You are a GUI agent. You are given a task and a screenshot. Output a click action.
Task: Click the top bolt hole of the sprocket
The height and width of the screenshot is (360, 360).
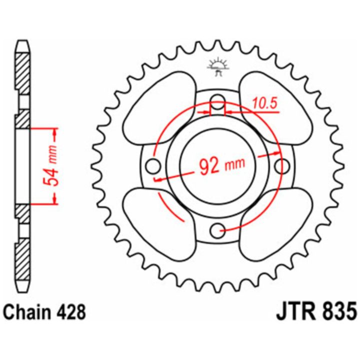pos(217,101)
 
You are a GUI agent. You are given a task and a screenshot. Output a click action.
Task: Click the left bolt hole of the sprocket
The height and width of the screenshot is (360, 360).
pos(153,166)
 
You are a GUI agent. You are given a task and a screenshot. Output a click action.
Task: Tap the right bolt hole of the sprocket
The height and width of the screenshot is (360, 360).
pos(282,166)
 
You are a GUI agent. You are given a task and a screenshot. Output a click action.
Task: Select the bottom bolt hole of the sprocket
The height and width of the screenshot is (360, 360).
pos(217,230)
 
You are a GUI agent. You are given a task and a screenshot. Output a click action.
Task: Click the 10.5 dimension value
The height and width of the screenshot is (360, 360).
pos(265,104)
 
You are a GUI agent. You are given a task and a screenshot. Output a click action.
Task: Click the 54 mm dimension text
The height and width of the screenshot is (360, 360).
pos(50,165)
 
